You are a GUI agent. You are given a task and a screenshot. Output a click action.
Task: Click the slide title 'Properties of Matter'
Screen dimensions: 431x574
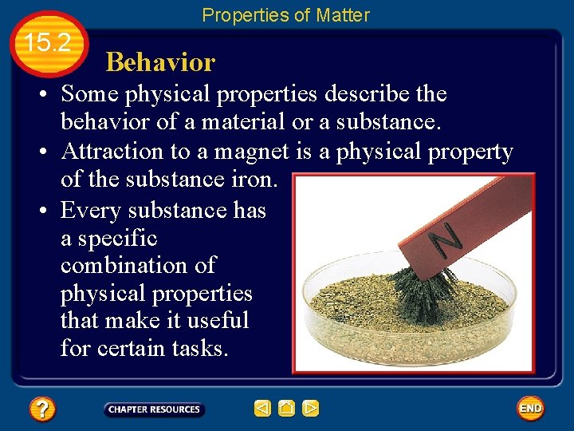(x=285, y=15)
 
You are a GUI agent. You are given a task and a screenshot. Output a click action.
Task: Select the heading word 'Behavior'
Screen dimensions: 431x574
(x=160, y=62)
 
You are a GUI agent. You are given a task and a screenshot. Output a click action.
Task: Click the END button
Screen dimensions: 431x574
(x=530, y=409)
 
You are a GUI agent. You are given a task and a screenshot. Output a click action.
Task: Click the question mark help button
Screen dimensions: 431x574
(x=42, y=409)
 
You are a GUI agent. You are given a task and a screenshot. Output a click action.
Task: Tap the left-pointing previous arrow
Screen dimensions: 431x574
(x=262, y=409)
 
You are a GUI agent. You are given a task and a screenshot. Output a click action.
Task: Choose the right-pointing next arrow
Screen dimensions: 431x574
(x=311, y=409)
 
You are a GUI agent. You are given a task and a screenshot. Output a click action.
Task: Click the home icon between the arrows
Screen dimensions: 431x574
(x=287, y=409)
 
